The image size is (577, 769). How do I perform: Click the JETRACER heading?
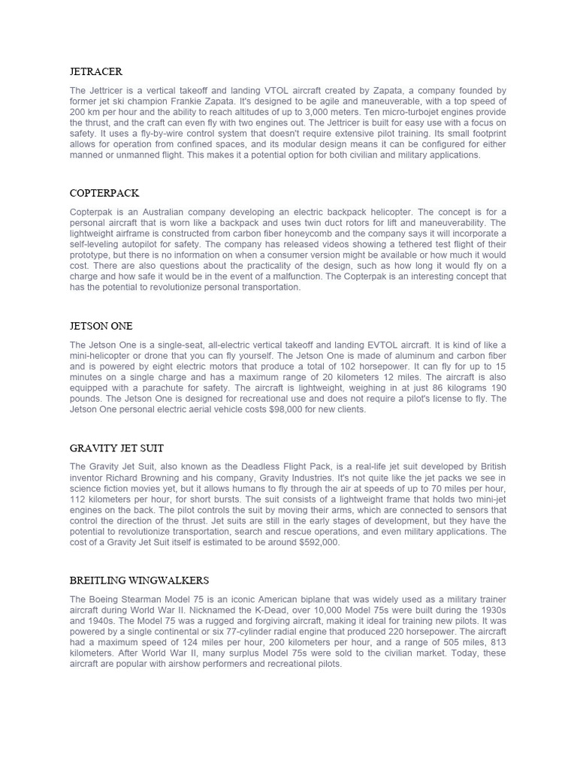click(96, 72)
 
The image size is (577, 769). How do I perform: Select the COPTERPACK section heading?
click(104, 193)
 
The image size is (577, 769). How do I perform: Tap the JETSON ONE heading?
click(101, 326)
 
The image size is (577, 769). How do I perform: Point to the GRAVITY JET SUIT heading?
click(116, 448)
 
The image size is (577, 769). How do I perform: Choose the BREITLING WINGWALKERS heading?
click(139, 581)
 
